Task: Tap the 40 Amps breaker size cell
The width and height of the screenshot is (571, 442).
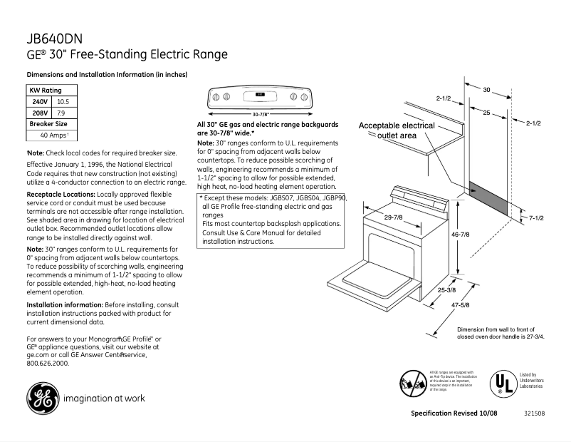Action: (54, 135)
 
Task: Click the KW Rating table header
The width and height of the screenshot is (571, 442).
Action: (45, 91)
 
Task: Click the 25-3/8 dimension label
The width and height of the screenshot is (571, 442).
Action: (447, 290)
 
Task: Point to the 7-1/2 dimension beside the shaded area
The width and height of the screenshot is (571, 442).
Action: (538, 217)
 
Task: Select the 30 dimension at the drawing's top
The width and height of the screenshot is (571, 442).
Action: (486, 90)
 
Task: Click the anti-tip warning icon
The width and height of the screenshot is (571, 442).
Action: (414, 383)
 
